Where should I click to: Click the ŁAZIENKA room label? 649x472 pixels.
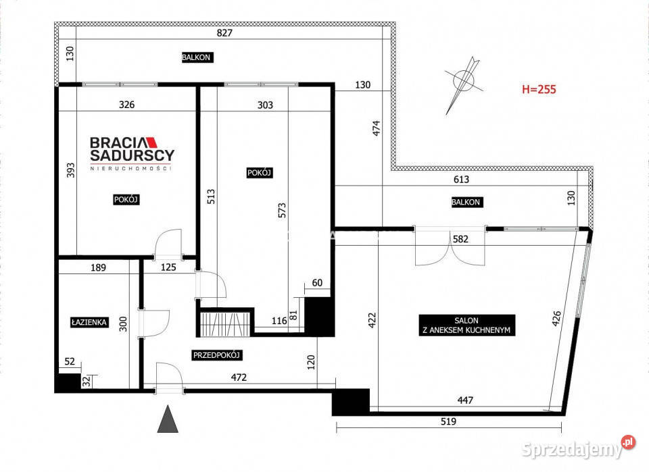coord(89,322)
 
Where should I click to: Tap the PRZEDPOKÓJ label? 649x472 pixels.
coord(217,355)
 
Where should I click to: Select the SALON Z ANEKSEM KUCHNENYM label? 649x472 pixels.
coord(467,325)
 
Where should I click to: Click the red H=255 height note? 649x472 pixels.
coord(539,89)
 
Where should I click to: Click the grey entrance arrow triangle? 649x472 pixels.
coord(168,419)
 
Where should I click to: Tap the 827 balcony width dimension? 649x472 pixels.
coord(224,32)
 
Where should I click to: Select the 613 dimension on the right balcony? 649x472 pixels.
coord(461,180)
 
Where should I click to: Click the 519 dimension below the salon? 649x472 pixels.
coord(448,421)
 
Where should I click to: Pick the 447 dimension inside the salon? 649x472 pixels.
coord(465,400)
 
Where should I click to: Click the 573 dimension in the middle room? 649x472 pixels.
coord(282,210)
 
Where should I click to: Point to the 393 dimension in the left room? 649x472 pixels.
coord(71,170)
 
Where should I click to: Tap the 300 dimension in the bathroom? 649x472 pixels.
coord(123,324)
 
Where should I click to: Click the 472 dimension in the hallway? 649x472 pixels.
coord(239,377)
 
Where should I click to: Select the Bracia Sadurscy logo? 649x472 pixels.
coord(132,153)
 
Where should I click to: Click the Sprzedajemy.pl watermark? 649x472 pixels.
coord(578,448)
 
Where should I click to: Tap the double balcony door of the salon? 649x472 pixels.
coord(450,246)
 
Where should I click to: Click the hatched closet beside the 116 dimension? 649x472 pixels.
coord(224,324)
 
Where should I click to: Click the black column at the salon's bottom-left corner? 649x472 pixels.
coord(351,401)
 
